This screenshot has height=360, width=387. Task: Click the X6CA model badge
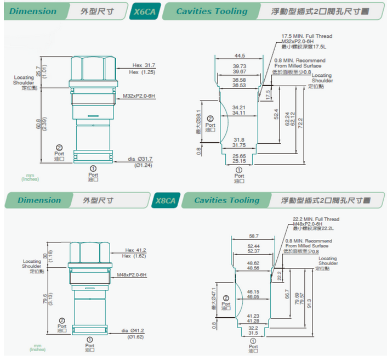click(x=145, y=12)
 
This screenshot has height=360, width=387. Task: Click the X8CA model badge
click(x=165, y=201)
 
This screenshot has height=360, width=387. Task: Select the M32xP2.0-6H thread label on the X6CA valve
click(x=139, y=96)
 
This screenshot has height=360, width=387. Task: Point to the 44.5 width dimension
click(x=240, y=55)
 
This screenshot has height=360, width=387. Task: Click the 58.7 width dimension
click(x=253, y=235)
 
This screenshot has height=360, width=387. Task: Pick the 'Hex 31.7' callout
click(x=142, y=64)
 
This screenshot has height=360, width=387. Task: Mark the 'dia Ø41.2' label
click(x=133, y=330)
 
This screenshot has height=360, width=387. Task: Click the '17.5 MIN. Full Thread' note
click(x=307, y=36)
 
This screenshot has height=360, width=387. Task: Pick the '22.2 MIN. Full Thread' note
click(x=316, y=218)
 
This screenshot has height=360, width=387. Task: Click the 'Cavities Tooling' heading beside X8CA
click(x=226, y=200)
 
